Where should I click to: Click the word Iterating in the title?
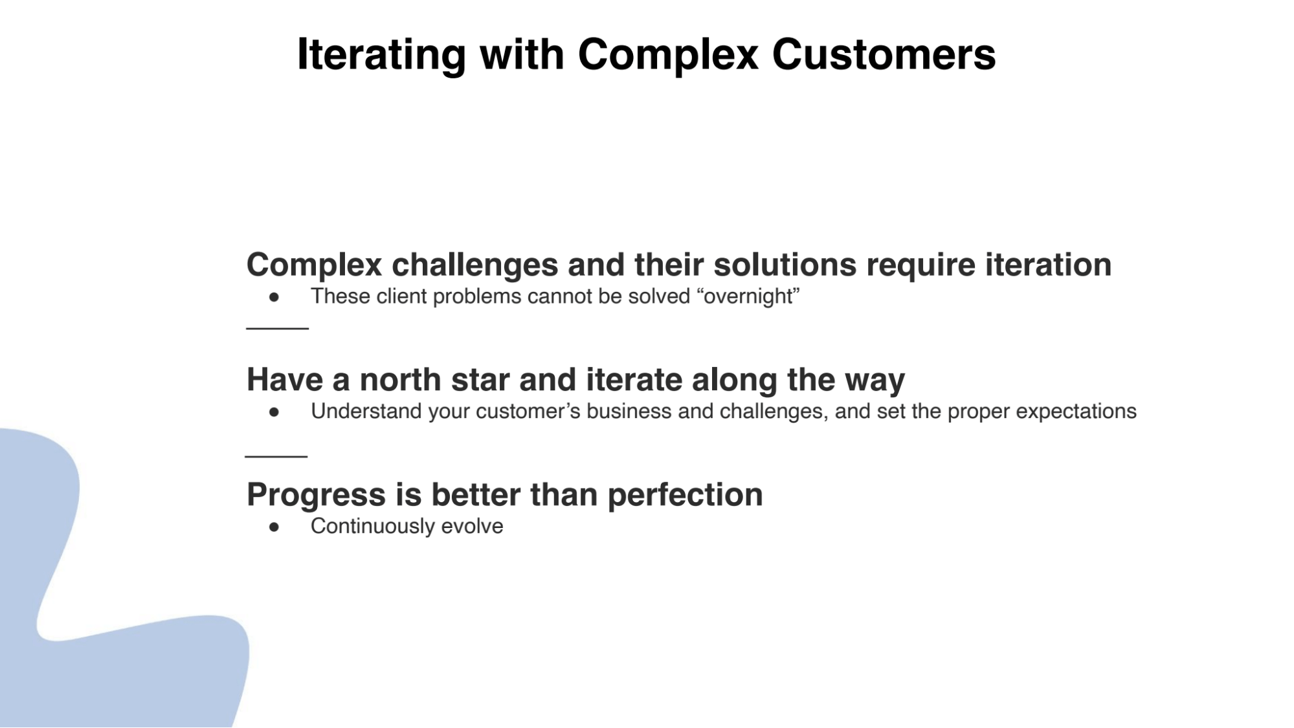(x=381, y=55)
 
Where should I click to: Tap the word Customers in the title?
(x=883, y=55)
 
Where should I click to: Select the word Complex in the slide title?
(x=667, y=55)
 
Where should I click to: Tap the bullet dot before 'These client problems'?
(x=274, y=297)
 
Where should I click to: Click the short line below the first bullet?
(x=277, y=329)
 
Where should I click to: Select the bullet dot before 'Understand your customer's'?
(x=274, y=412)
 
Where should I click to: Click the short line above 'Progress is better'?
(x=276, y=456)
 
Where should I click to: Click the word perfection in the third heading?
(x=685, y=496)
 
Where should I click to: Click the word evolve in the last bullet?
(x=472, y=527)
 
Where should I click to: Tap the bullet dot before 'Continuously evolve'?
(x=274, y=527)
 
